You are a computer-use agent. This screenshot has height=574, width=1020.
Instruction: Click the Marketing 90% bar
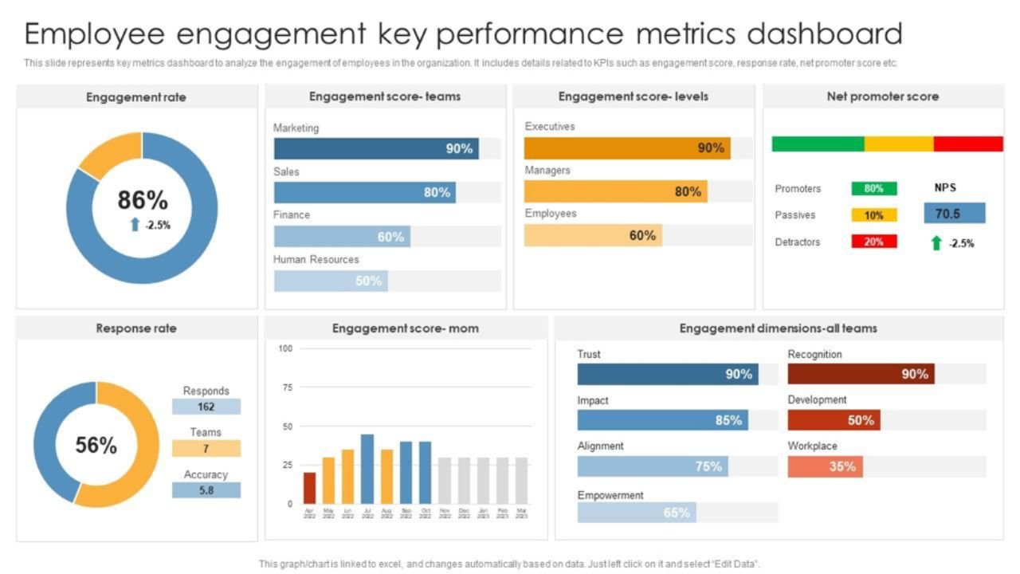(x=376, y=148)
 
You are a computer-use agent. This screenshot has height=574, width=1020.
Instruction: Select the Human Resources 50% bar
(x=331, y=281)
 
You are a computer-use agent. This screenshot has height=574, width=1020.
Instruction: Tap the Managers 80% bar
(x=615, y=191)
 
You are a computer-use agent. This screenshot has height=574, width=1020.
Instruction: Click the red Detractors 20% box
(x=873, y=242)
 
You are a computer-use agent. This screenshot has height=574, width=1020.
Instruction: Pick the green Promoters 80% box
(x=873, y=189)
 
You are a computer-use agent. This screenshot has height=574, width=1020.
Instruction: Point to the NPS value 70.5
(x=954, y=213)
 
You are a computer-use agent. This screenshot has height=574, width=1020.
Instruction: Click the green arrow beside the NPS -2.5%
(x=936, y=243)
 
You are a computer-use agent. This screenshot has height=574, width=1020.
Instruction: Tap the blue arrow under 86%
(x=135, y=225)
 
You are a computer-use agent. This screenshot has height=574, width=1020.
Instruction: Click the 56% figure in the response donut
(x=96, y=445)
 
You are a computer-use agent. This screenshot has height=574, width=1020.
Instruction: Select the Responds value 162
(x=206, y=407)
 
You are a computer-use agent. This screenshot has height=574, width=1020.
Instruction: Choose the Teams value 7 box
(x=206, y=448)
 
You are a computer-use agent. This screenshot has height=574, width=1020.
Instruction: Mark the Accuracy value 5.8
(x=206, y=490)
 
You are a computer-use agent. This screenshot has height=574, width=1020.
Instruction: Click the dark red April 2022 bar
(x=309, y=488)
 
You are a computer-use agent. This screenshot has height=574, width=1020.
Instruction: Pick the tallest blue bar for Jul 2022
(x=367, y=469)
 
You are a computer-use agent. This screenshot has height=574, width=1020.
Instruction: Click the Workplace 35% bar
(x=825, y=466)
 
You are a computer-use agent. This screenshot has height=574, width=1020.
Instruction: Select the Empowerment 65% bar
(x=636, y=513)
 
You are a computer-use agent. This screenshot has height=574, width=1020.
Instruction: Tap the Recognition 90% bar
(x=861, y=374)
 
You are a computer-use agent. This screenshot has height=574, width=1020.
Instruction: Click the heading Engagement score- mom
(x=406, y=328)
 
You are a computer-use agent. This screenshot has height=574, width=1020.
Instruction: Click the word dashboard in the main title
(x=824, y=34)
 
